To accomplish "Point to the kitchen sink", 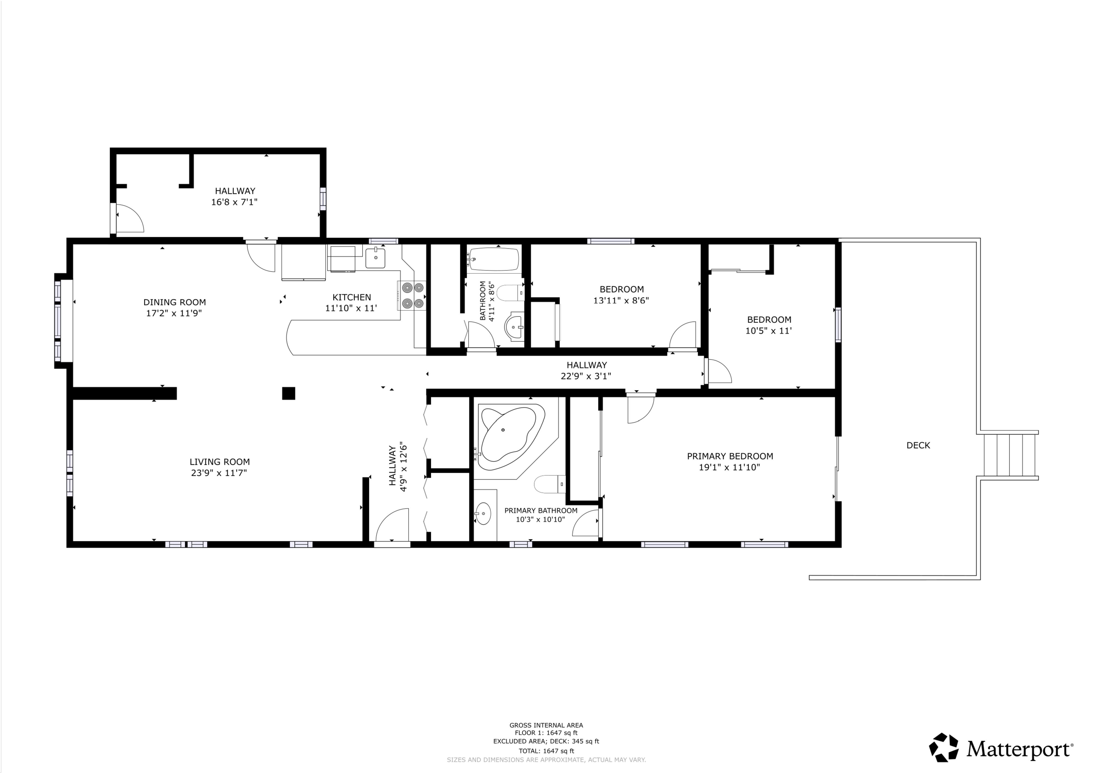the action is point(376,257).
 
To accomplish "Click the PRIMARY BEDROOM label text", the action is point(730,456).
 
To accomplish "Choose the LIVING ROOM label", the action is point(220,462).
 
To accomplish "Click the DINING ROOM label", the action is point(175,302).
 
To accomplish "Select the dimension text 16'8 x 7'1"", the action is point(234,202).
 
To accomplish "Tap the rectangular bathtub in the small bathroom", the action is point(493,259).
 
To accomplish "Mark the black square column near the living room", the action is point(289,393).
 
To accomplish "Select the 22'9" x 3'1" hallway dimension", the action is point(586,376).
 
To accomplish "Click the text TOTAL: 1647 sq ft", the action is point(546,751).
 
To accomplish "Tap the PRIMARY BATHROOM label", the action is point(541,511).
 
